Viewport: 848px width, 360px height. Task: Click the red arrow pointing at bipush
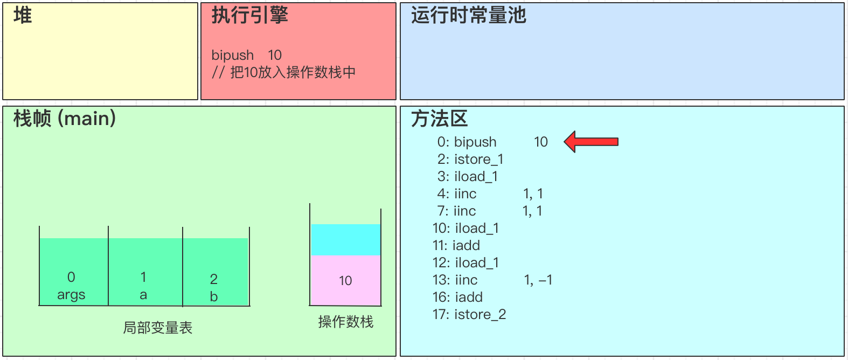(x=590, y=142)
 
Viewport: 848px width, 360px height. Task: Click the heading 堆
(x=23, y=16)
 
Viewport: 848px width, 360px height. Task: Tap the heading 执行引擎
(x=249, y=16)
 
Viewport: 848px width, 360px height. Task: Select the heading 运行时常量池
(x=468, y=16)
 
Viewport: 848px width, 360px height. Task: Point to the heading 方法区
(x=439, y=119)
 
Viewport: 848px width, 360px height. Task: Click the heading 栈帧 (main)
(x=65, y=119)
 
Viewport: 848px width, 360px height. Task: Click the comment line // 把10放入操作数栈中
(x=283, y=72)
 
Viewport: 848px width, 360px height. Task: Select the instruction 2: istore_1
(x=470, y=159)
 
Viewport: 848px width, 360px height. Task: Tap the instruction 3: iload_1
(x=468, y=176)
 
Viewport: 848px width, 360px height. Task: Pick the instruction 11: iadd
(x=456, y=245)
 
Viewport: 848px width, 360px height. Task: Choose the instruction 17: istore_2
(x=469, y=314)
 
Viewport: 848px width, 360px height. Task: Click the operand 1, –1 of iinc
(x=538, y=280)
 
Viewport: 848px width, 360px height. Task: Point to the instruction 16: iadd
(x=457, y=297)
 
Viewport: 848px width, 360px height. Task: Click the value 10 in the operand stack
(x=345, y=281)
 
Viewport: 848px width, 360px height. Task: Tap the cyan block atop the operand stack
(x=345, y=239)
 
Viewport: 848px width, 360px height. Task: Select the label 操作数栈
(x=345, y=322)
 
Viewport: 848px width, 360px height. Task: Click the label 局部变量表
(x=157, y=328)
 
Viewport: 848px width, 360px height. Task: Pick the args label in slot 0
(x=71, y=295)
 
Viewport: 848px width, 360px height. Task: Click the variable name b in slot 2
(x=214, y=296)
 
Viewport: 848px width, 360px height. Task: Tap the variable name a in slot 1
(x=143, y=295)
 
